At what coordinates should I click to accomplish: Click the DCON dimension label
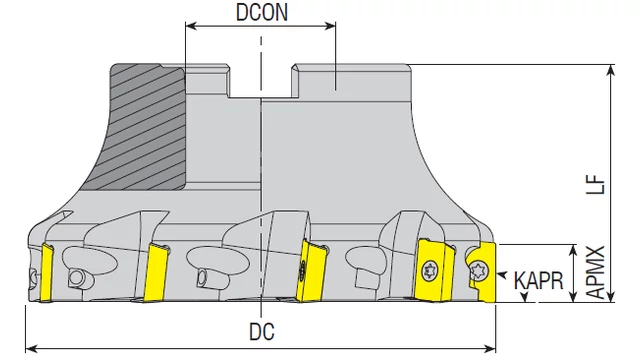coord(262,12)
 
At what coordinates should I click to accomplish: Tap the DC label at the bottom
coord(262,331)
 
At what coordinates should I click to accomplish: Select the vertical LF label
coord(596,184)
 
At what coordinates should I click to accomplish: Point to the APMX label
coord(596,272)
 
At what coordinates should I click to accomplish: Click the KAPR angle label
coord(538,281)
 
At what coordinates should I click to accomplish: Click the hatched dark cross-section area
coord(144,127)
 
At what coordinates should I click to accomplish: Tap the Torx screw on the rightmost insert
coord(478,271)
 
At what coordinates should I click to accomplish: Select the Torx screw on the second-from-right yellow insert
coord(429,271)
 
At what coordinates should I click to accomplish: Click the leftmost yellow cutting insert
coord(46,273)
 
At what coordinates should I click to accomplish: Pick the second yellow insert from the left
coord(156,273)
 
